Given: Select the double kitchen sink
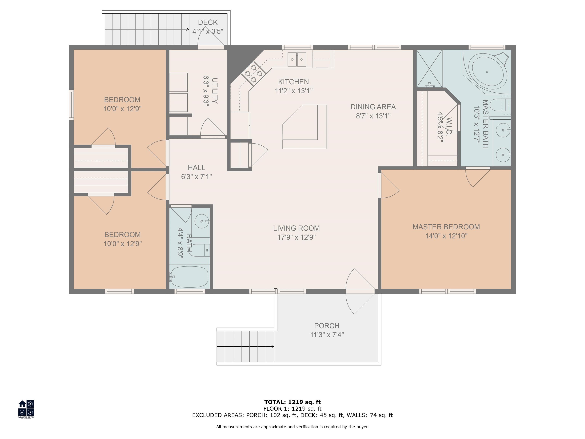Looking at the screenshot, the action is (297, 59).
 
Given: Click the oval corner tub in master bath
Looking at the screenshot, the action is (487, 72).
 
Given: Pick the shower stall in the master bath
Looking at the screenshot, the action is (429, 69).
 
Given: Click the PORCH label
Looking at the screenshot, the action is (327, 326).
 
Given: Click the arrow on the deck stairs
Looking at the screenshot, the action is (147, 29).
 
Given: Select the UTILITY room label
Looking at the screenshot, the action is (215, 91).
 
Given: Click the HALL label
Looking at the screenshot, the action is (197, 167).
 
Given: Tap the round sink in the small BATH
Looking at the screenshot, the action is (202, 221).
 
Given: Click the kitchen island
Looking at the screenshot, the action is (305, 127).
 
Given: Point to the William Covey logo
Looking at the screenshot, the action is (26, 409).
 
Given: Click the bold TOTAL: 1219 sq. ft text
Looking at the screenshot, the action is (292, 402).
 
